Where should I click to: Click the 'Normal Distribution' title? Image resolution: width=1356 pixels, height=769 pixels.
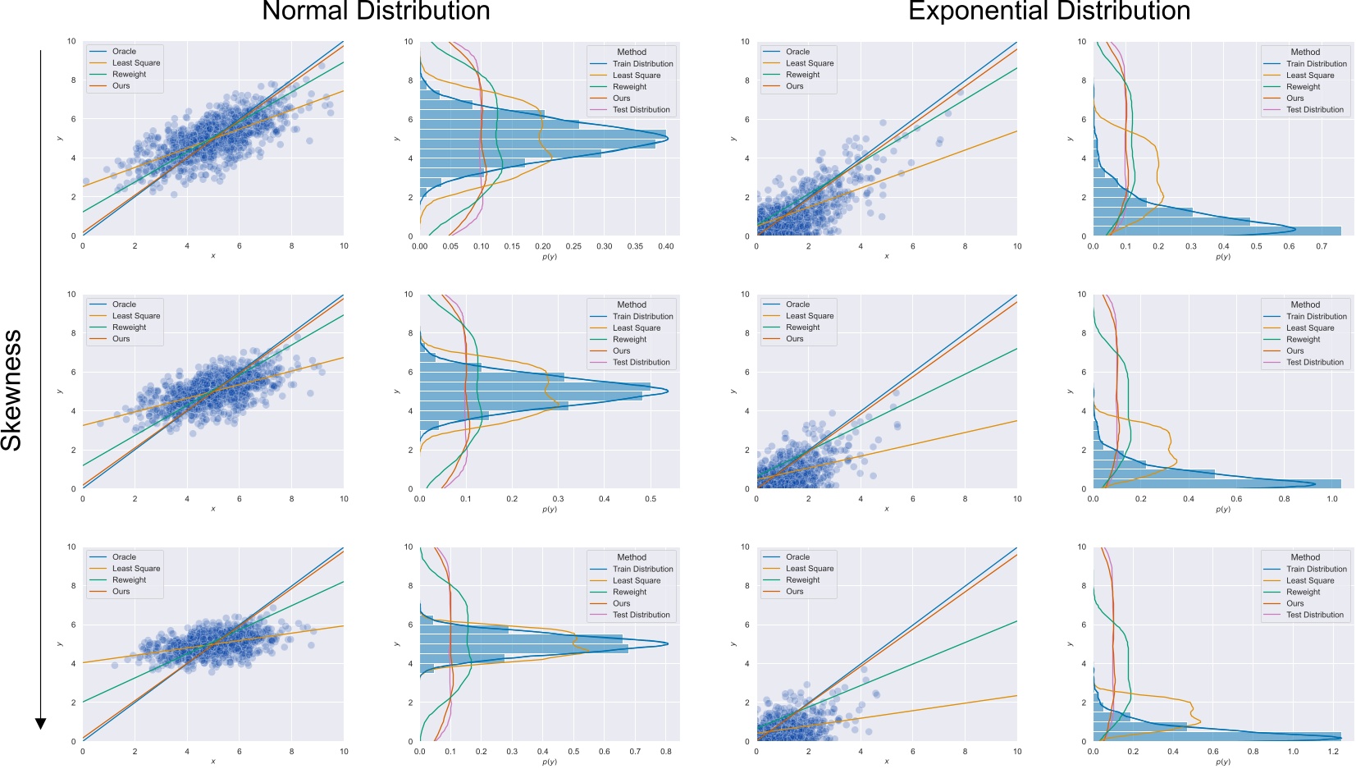376,11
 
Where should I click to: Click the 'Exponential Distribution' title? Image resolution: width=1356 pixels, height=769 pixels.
1048,11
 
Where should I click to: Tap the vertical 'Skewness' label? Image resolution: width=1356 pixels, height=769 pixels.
11,390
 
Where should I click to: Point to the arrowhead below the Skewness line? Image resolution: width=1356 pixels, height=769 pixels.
40,723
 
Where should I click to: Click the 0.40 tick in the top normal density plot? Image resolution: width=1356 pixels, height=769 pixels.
665,246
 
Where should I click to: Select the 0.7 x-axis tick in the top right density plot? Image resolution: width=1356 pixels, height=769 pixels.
1321,246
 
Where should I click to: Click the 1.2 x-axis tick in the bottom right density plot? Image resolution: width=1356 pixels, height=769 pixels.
1333,751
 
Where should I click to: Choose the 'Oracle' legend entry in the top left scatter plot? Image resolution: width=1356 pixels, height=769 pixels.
124,51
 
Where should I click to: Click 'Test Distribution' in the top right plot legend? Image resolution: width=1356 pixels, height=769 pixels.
1314,109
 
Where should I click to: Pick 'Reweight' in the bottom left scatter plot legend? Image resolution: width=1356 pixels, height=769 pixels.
129,579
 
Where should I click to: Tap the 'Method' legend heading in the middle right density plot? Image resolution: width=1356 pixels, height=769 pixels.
1304,304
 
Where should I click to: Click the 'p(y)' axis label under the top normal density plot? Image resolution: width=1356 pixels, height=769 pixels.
549,257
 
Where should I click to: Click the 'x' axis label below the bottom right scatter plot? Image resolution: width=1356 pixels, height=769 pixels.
886,762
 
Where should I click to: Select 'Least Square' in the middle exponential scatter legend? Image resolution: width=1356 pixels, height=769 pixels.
809,316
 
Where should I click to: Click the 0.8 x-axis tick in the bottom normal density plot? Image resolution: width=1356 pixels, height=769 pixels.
665,751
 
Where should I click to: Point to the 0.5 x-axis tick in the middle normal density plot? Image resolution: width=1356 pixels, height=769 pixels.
650,498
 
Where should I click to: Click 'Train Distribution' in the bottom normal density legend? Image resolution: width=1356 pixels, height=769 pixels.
642,569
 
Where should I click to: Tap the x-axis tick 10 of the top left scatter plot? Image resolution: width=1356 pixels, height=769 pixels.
344,246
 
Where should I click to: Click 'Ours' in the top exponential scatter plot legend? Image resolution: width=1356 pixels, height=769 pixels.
794,86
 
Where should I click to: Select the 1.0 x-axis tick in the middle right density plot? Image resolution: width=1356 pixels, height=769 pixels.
1332,498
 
